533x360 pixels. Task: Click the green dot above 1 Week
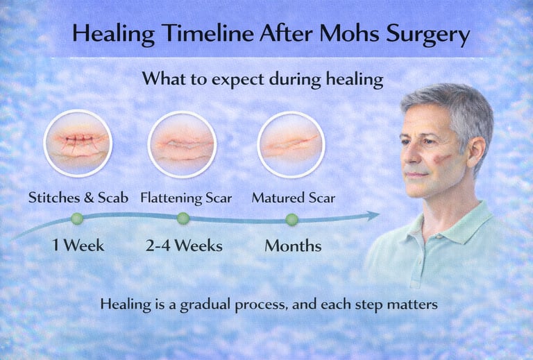point(77,218)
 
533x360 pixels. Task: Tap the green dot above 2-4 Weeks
point(183,218)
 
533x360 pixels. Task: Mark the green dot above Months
point(291,219)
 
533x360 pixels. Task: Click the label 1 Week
point(78,245)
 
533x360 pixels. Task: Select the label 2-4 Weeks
point(183,245)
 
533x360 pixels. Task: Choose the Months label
point(293,245)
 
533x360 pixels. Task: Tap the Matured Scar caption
point(293,198)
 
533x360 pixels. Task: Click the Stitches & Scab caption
point(77,198)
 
